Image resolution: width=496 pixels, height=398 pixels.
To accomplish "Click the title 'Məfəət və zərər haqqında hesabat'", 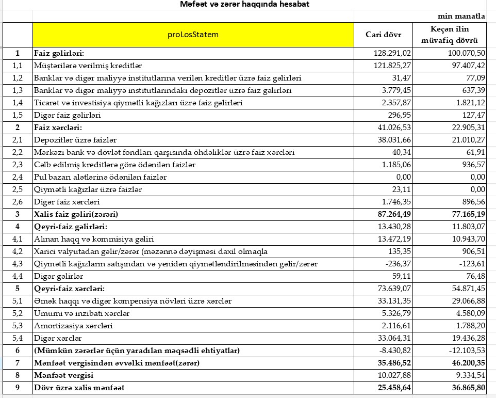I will (x=245, y=5).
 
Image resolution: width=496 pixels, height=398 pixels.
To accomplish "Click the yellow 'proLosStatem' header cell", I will (x=193, y=35).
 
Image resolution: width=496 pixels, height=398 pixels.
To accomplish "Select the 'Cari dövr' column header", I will (x=383, y=35).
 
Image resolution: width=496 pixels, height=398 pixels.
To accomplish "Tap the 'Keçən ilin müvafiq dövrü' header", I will (x=453, y=35).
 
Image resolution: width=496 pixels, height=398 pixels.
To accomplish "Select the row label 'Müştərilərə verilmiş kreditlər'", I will (x=88, y=66).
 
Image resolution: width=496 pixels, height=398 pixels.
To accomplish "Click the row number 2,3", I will (x=18, y=165).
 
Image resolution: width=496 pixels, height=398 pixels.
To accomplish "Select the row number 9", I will (x=18, y=387).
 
